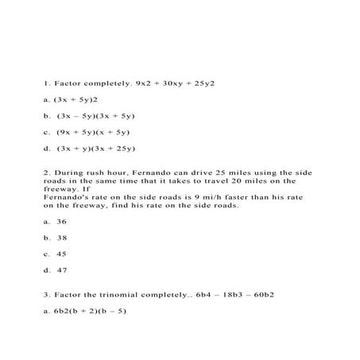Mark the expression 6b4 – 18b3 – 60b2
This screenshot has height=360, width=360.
(227, 294)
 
